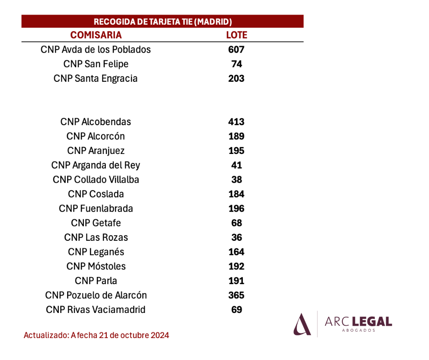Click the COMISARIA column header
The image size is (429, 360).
(x=96, y=35)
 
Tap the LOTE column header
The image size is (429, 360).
(x=237, y=35)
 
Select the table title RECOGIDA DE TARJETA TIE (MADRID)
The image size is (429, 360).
(x=163, y=21)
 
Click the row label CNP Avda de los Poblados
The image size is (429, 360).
(x=96, y=50)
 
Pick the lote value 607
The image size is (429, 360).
(x=236, y=50)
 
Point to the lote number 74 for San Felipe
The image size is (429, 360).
(x=237, y=64)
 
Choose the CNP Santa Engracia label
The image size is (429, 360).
(x=95, y=79)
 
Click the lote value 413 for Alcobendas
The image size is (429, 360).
(x=236, y=122)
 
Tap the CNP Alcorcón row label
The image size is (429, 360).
(x=95, y=136)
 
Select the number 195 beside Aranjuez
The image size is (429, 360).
(x=236, y=151)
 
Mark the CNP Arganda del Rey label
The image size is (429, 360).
(x=95, y=165)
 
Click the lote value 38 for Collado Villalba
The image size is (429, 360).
(x=237, y=180)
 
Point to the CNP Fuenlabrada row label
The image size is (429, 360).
(x=96, y=208)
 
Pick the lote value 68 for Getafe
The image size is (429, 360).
(x=237, y=223)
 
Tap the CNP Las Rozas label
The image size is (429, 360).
(x=96, y=238)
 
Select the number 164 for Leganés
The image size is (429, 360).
(x=236, y=252)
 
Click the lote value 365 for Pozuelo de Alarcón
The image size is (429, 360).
(x=236, y=295)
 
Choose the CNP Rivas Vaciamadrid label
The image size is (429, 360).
(x=95, y=310)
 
